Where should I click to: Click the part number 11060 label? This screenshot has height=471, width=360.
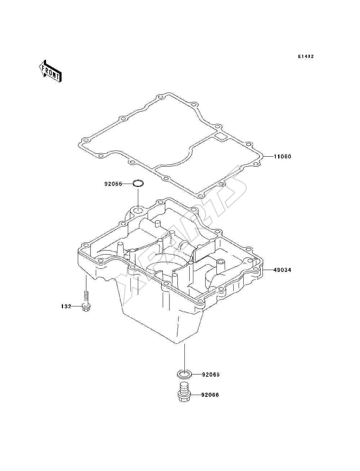(x=283, y=157)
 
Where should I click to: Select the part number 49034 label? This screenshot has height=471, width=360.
(x=283, y=270)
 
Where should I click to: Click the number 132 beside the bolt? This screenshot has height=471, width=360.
(x=66, y=306)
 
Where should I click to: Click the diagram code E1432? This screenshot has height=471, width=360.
(x=306, y=57)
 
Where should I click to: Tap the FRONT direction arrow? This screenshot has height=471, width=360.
(x=50, y=71)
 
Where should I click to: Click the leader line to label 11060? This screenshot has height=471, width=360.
(x=269, y=157)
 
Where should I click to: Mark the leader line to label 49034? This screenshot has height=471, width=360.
(x=269, y=270)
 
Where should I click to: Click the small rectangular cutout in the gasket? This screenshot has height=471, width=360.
(x=220, y=136)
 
